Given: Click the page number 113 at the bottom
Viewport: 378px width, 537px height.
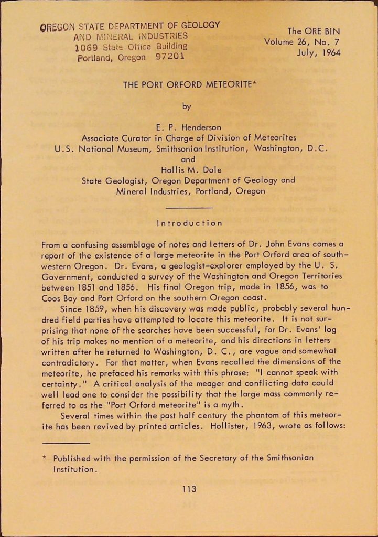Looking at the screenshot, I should (x=189, y=489).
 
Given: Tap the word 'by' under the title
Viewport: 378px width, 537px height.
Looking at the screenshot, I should (x=187, y=106).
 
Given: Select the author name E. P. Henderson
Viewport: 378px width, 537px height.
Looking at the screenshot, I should (x=189, y=127).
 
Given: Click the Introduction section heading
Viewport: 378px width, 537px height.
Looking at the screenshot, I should (x=189, y=223).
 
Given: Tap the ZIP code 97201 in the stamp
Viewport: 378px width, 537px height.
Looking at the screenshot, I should (x=169, y=56).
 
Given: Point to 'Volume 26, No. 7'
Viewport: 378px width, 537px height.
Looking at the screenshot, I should (x=303, y=42).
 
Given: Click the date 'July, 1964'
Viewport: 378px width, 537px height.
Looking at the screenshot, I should (x=318, y=53).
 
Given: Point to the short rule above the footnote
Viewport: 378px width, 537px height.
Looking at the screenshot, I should (x=66, y=443).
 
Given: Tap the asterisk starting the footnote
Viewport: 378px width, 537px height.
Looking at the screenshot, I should (x=45, y=458).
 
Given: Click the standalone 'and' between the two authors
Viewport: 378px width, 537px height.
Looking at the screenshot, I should (x=187, y=159).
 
